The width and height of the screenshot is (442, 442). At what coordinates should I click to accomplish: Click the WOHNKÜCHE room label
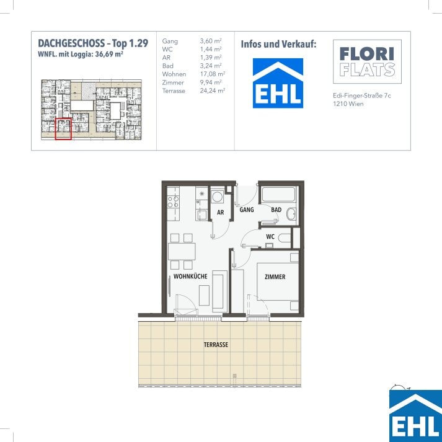[x=190, y=276]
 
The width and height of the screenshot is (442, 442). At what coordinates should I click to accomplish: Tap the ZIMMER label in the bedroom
[x=275, y=277]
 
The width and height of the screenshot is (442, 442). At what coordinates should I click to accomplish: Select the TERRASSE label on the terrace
[x=216, y=345]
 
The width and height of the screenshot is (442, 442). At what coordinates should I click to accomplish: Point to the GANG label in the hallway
[x=247, y=210]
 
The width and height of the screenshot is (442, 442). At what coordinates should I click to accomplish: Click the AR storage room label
[x=221, y=213]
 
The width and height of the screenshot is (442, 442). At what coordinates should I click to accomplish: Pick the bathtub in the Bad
[x=278, y=194]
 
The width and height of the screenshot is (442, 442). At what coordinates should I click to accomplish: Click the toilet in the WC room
[x=285, y=238]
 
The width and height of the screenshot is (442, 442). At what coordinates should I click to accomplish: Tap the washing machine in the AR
[x=217, y=197]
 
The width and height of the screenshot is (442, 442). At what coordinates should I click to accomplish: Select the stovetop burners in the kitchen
[x=173, y=201]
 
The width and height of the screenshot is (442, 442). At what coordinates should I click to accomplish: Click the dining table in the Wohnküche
[x=182, y=252]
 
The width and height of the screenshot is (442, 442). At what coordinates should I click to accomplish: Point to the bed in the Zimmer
[x=278, y=282]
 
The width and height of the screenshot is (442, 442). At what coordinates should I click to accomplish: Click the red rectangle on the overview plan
[x=63, y=129]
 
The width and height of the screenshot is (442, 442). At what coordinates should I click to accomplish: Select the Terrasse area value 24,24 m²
[x=213, y=91]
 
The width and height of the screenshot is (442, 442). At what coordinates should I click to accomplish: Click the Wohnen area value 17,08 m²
[x=213, y=74]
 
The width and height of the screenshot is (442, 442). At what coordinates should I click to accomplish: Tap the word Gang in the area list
[x=170, y=41]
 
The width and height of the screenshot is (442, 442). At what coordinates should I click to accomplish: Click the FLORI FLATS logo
[x=367, y=61]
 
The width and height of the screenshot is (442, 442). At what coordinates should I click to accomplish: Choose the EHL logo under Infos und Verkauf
[x=278, y=83]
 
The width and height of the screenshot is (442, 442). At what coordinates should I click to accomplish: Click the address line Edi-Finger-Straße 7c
[x=362, y=95]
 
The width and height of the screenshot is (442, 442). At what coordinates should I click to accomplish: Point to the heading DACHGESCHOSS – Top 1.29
[x=93, y=43]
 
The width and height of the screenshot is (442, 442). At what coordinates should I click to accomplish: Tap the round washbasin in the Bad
[x=291, y=214]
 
